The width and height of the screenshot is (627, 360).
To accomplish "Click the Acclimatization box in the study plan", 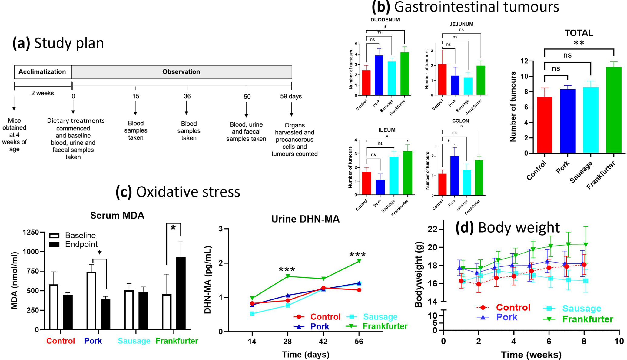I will (x=42, y=72).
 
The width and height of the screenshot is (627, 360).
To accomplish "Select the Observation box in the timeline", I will (x=181, y=72).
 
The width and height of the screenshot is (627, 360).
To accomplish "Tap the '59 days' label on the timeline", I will (x=291, y=96).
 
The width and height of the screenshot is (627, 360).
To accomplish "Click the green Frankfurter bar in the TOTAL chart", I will (x=613, y=111).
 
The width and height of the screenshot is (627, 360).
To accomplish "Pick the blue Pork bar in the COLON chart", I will (x=454, y=176).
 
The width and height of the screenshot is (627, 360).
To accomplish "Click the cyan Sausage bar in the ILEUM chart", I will (x=394, y=176).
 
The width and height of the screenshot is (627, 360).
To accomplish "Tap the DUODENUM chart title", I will (x=385, y=20).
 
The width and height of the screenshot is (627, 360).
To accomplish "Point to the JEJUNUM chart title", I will (x=461, y=24).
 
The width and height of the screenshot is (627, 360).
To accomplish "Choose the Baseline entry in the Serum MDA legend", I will (x=80, y=235).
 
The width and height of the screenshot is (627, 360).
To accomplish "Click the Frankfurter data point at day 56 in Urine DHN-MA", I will (x=359, y=261).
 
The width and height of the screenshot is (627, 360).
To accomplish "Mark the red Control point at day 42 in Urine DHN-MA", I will (x=323, y=288).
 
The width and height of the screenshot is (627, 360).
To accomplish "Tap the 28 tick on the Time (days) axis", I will (x=287, y=342).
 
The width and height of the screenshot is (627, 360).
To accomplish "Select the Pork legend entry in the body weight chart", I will (x=506, y=317).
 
